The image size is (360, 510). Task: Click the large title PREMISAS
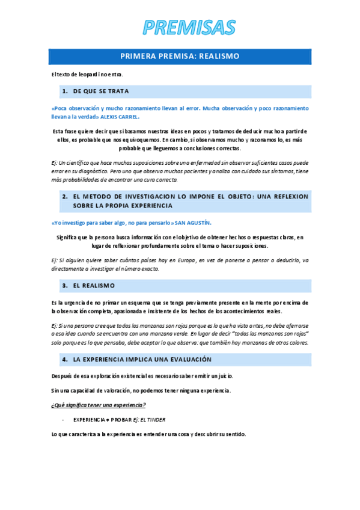coord(180,27)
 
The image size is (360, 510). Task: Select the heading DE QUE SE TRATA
coord(101,91)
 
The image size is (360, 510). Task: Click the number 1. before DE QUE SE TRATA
coord(64,91)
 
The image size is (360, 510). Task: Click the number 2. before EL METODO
coord(64,197)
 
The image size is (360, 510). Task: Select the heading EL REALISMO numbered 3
coord(94,285)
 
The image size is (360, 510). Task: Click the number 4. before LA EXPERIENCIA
coord(64,359)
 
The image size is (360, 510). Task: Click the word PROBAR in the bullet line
coord(117,419)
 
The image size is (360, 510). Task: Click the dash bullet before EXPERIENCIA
coord(63,419)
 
